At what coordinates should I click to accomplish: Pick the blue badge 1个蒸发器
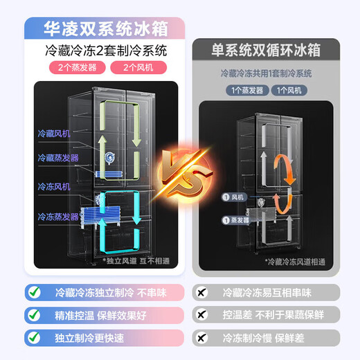tap(246, 90)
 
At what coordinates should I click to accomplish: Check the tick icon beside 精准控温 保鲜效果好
tap(33, 314)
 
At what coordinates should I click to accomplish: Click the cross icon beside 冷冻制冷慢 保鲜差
tap(203, 338)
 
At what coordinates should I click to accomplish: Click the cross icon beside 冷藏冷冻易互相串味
tap(203, 292)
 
